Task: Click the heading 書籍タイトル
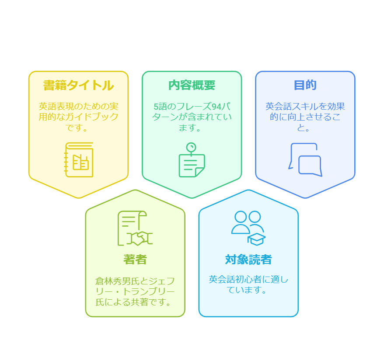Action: (x=78, y=85)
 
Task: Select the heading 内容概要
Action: (x=192, y=85)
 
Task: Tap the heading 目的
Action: (x=305, y=85)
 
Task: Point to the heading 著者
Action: (x=135, y=260)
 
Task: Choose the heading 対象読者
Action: (x=248, y=260)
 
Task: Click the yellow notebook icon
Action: (x=79, y=160)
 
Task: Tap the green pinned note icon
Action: (x=192, y=160)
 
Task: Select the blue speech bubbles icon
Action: (x=305, y=160)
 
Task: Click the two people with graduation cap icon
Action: (x=248, y=228)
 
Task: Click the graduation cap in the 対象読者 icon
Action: (x=256, y=239)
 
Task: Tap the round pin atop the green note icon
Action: (x=191, y=147)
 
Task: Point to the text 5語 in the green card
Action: (x=159, y=106)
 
